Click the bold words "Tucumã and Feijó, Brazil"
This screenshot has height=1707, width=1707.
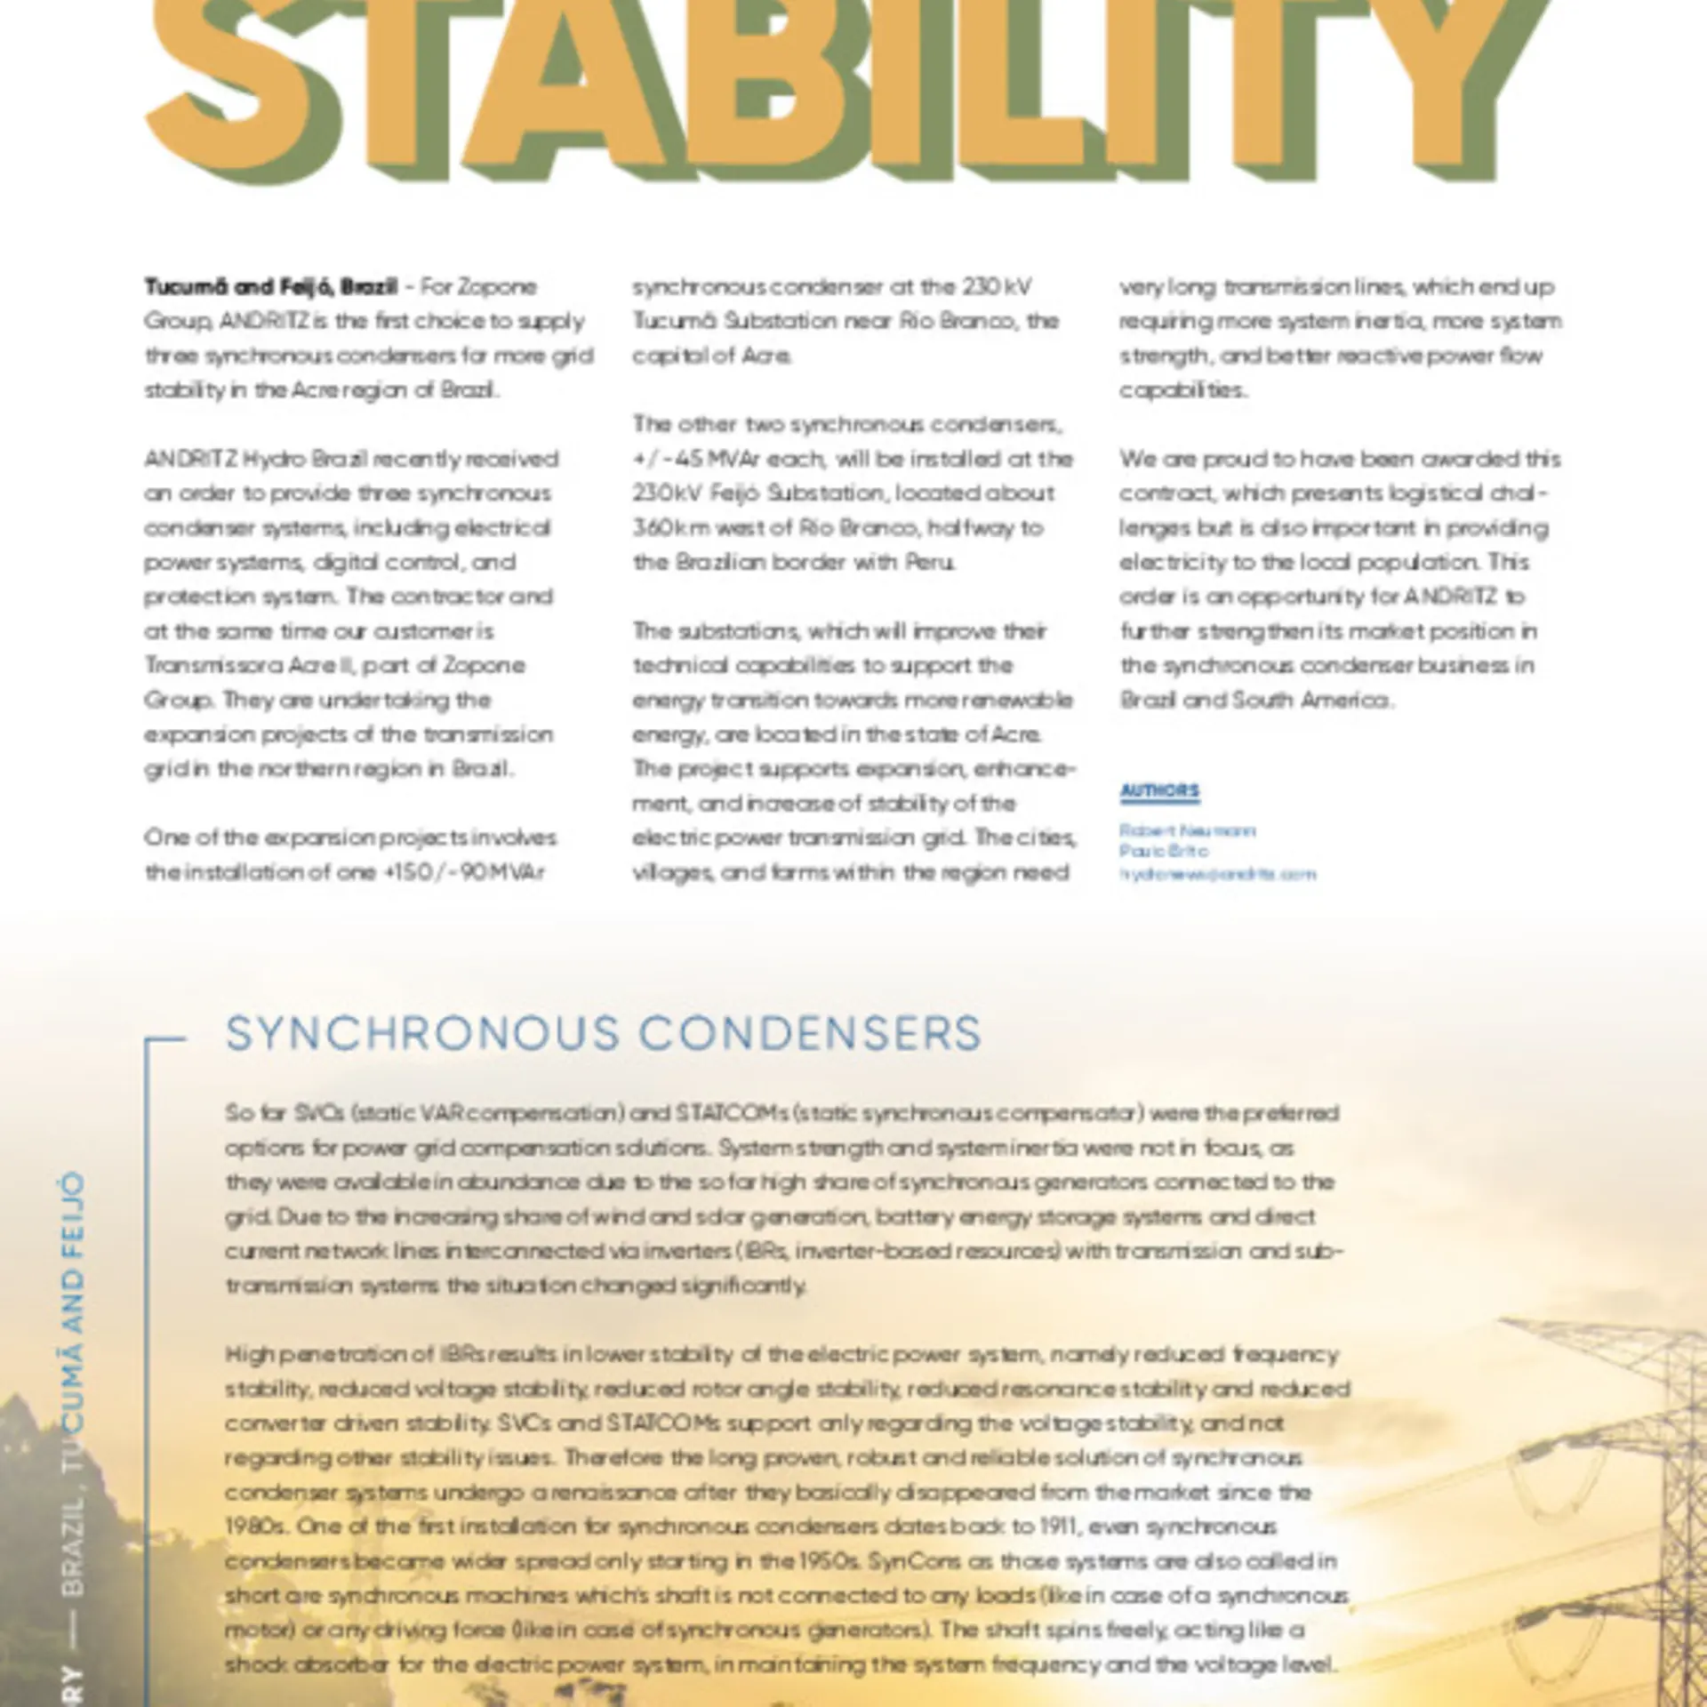[270, 287]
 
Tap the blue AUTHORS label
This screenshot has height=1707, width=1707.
[1159, 790]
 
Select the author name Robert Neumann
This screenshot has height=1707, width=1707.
[1187, 830]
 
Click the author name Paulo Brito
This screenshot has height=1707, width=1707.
[1164, 851]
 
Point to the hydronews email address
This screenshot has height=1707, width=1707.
[1217, 873]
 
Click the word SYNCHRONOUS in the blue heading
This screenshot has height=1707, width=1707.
[422, 1034]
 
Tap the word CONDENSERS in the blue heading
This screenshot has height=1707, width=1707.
[810, 1034]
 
